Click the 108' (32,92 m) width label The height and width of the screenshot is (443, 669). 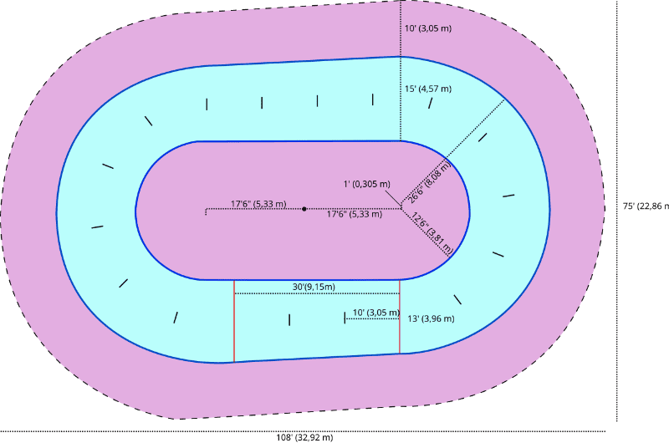coord(304,437)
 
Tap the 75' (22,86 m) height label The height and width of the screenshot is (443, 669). coord(646,206)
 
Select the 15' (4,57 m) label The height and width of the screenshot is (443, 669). coord(427,89)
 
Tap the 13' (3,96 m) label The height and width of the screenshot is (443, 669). coord(431,318)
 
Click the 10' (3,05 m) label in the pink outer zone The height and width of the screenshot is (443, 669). coord(427,28)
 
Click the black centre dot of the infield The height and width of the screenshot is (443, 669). coord(304,208)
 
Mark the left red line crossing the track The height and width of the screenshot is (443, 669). coord(234,322)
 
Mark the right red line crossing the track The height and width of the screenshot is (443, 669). coord(400,318)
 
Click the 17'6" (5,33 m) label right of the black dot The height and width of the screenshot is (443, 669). coord(354,214)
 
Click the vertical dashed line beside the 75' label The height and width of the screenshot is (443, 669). coord(617,209)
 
